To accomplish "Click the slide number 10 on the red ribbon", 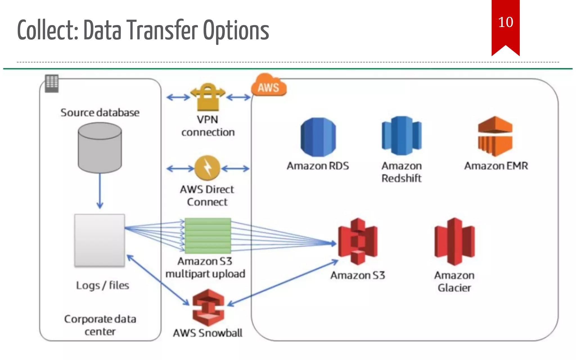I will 505,22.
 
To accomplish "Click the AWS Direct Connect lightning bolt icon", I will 208,168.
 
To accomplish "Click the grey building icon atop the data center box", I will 52,83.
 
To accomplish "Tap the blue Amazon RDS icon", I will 318,137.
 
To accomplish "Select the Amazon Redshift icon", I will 402,136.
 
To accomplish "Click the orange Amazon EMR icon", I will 495,136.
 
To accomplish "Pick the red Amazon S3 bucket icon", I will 358,241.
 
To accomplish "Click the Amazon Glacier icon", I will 454,241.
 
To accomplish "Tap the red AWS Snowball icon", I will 208,308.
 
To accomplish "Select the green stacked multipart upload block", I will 208,236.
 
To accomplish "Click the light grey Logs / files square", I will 100,240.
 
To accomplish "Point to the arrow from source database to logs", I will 100,191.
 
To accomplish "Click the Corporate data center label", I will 100,325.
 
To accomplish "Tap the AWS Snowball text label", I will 208,333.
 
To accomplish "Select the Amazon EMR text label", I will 496,166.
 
